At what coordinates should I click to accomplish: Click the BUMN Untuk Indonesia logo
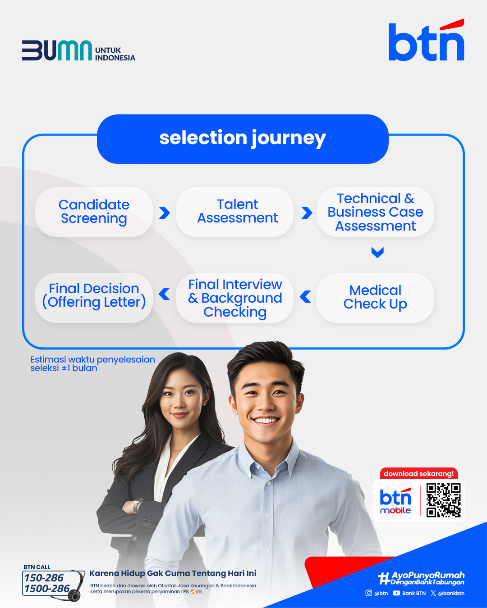coord(78,50)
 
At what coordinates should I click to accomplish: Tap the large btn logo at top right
coord(426,40)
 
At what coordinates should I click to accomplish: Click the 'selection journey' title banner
coord(243,139)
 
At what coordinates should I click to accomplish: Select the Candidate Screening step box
coord(94,212)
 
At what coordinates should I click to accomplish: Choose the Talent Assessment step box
coord(234,212)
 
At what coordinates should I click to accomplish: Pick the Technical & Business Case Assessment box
coord(375,212)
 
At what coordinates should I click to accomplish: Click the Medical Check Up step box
coord(375,298)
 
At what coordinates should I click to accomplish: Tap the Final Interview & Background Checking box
coord(234,298)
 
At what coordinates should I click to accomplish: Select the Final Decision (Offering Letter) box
coord(94,298)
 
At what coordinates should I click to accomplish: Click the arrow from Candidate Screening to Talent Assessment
coord(165,213)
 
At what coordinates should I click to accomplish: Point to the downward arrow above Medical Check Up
coord(377,252)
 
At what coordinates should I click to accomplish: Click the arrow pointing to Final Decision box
coord(164,294)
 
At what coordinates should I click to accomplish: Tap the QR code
coord(443,500)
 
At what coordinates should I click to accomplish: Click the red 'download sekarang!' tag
coord(418,474)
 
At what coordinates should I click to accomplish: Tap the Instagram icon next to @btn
coord(368,593)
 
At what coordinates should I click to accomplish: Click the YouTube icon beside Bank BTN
coord(396,593)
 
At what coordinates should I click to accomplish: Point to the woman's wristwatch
coord(138,506)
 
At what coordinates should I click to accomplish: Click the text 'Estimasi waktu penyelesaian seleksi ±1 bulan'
coord(92,363)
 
